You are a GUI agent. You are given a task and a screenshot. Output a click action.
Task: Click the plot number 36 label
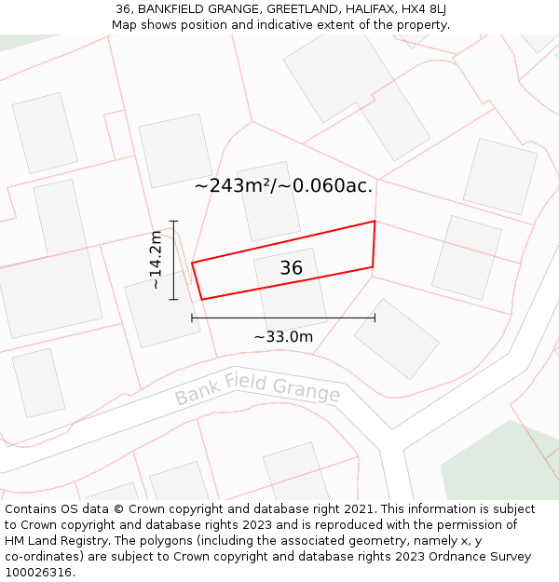point(292,268)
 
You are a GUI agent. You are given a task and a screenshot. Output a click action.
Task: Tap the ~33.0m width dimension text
point(283,336)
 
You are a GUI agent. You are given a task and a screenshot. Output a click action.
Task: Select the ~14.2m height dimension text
point(157,260)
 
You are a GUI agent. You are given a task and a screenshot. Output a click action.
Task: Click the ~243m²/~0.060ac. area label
point(283,185)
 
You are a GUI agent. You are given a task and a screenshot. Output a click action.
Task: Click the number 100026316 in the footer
point(38,573)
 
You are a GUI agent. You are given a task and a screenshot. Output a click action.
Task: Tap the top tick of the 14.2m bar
point(173,221)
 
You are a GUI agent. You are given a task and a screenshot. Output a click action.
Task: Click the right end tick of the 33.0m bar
point(375,318)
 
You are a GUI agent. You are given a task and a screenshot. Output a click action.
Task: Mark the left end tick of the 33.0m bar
point(192,318)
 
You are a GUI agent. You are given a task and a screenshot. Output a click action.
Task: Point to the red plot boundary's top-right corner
point(375,222)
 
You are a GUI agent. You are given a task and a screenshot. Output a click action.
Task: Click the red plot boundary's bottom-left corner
point(201,299)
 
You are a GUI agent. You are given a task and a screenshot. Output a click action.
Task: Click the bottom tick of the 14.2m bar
point(173,299)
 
